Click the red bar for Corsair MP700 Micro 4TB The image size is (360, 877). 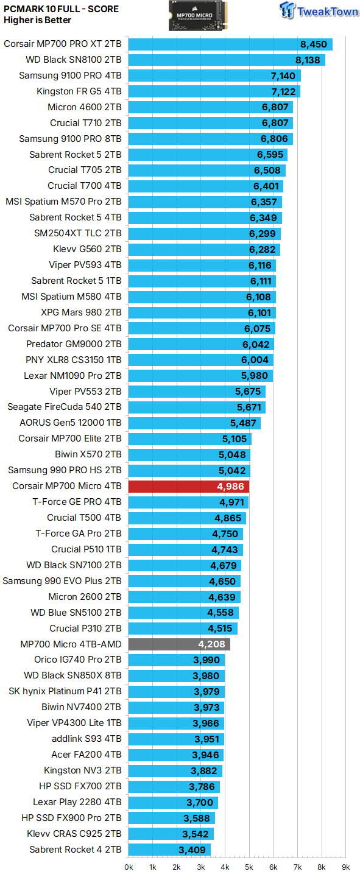click(x=189, y=486)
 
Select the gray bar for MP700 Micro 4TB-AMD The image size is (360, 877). click(x=179, y=644)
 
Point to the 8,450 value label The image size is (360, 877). click(x=314, y=44)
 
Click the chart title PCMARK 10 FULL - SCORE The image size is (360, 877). click(x=61, y=9)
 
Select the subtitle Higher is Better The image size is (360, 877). click(x=37, y=20)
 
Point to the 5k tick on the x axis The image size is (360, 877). click(x=249, y=867)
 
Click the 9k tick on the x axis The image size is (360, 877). click(x=345, y=867)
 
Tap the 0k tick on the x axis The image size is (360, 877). click(x=129, y=867)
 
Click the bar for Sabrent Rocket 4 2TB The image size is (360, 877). click(x=169, y=850)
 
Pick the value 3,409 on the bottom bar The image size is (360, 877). click(x=193, y=850)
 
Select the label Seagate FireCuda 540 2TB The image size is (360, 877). click(x=64, y=407)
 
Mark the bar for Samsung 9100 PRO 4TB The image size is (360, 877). click(x=214, y=76)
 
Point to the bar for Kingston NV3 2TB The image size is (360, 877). click(x=175, y=770)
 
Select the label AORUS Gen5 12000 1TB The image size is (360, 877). click(x=70, y=423)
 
